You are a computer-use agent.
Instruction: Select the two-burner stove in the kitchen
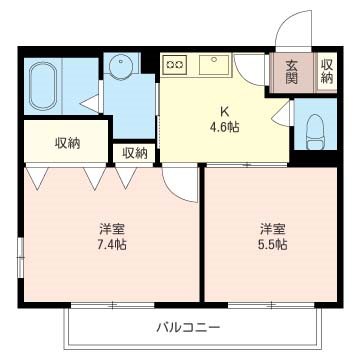(x=175, y=64)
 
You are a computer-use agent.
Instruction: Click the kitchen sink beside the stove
(x=214, y=66)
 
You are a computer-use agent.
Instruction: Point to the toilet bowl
(x=316, y=130)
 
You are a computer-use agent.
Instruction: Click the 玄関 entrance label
(x=291, y=72)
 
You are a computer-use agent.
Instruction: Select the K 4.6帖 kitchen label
(x=225, y=120)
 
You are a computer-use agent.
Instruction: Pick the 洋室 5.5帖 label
(x=271, y=235)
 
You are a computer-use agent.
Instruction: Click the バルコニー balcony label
(x=188, y=327)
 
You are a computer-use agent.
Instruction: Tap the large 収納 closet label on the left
(x=68, y=142)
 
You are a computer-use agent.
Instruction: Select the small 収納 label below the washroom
(x=134, y=153)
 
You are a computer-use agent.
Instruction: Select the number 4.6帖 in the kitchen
(x=225, y=127)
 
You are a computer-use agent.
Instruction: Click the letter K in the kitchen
(x=225, y=112)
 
